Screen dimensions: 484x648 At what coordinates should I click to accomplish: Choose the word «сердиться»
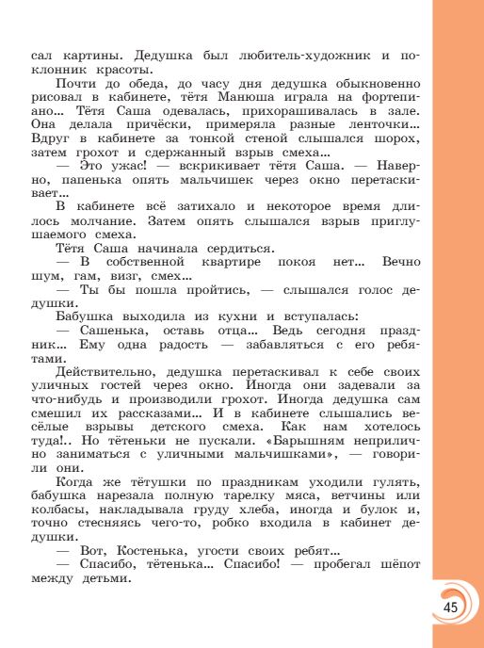pyautogui.click(x=217, y=248)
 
